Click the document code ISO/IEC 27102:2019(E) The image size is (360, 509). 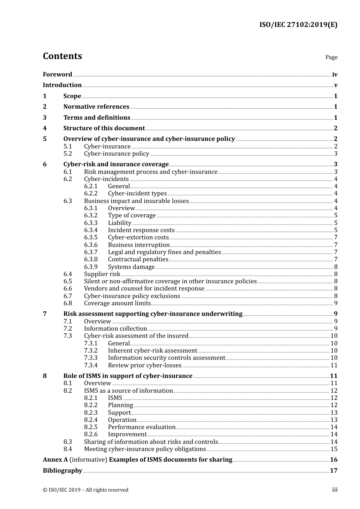click(x=298, y=25)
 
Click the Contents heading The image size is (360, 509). click(x=62, y=56)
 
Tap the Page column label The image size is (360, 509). click(x=331, y=57)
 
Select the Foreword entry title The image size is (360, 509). click(x=57, y=75)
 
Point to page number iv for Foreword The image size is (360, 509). click(x=335, y=75)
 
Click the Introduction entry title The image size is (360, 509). click(x=62, y=85)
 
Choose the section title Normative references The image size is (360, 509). click(x=96, y=107)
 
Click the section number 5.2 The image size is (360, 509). click(x=67, y=154)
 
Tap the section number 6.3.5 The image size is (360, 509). click(x=91, y=237)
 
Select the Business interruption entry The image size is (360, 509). click(x=139, y=245)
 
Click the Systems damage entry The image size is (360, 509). click(x=131, y=267)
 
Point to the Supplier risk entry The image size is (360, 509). click(x=102, y=274)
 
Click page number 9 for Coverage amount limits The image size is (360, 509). click(x=336, y=303)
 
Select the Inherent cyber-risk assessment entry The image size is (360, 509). click(x=152, y=351)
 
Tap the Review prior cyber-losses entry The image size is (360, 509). click(x=144, y=365)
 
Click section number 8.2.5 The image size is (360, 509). click(x=91, y=427)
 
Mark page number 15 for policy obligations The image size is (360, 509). click(x=334, y=449)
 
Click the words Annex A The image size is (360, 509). click(x=55, y=460)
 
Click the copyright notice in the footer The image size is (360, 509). click(x=86, y=490)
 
